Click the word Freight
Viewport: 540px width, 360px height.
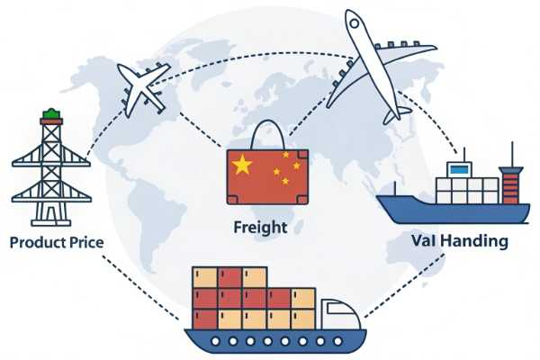(x=260, y=228)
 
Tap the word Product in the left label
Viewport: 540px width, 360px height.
(x=38, y=242)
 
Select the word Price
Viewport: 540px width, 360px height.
(x=86, y=242)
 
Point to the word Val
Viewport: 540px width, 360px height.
(x=424, y=240)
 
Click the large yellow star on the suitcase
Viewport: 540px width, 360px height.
(x=242, y=165)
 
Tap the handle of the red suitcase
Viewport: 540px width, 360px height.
(x=267, y=134)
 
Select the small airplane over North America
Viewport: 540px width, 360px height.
(x=144, y=90)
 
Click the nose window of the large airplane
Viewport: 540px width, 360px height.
(x=355, y=23)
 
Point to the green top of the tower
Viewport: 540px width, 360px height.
(x=51, y=113)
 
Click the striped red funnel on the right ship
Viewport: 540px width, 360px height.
(x=510, y=185)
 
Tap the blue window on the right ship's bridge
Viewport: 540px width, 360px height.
(x=459, y=169)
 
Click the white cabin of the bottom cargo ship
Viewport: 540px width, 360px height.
(x=340, y=314)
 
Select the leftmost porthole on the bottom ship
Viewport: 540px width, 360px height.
(x=216, y=341)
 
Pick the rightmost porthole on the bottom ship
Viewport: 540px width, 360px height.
(x=337, y=341)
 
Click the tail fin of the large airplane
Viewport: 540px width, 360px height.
(x=397, y=114)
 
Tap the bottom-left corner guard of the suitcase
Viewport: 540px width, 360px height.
(x=232, y=200)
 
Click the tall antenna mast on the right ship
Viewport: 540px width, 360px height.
(x=512, y=154)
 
